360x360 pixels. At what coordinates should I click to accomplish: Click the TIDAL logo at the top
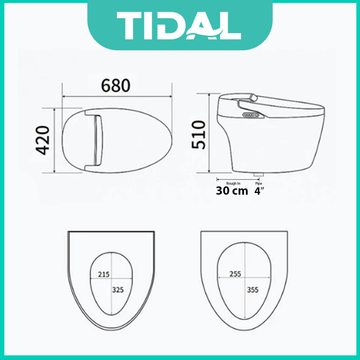point(179,26)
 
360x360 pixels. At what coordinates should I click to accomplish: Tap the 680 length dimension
point(116,86)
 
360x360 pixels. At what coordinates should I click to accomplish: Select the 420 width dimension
point(43,140)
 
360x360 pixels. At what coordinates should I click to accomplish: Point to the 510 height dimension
point(199,135)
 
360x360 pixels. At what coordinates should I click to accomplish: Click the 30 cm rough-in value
point(232,191)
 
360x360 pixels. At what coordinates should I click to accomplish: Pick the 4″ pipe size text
point(259,191)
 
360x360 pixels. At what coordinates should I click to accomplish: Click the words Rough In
point(233,184)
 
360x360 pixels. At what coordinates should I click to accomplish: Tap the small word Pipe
point(259,184)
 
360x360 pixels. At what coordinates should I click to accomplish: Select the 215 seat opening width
point(104,274)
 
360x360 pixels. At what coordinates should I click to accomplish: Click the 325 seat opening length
point(118,290)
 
